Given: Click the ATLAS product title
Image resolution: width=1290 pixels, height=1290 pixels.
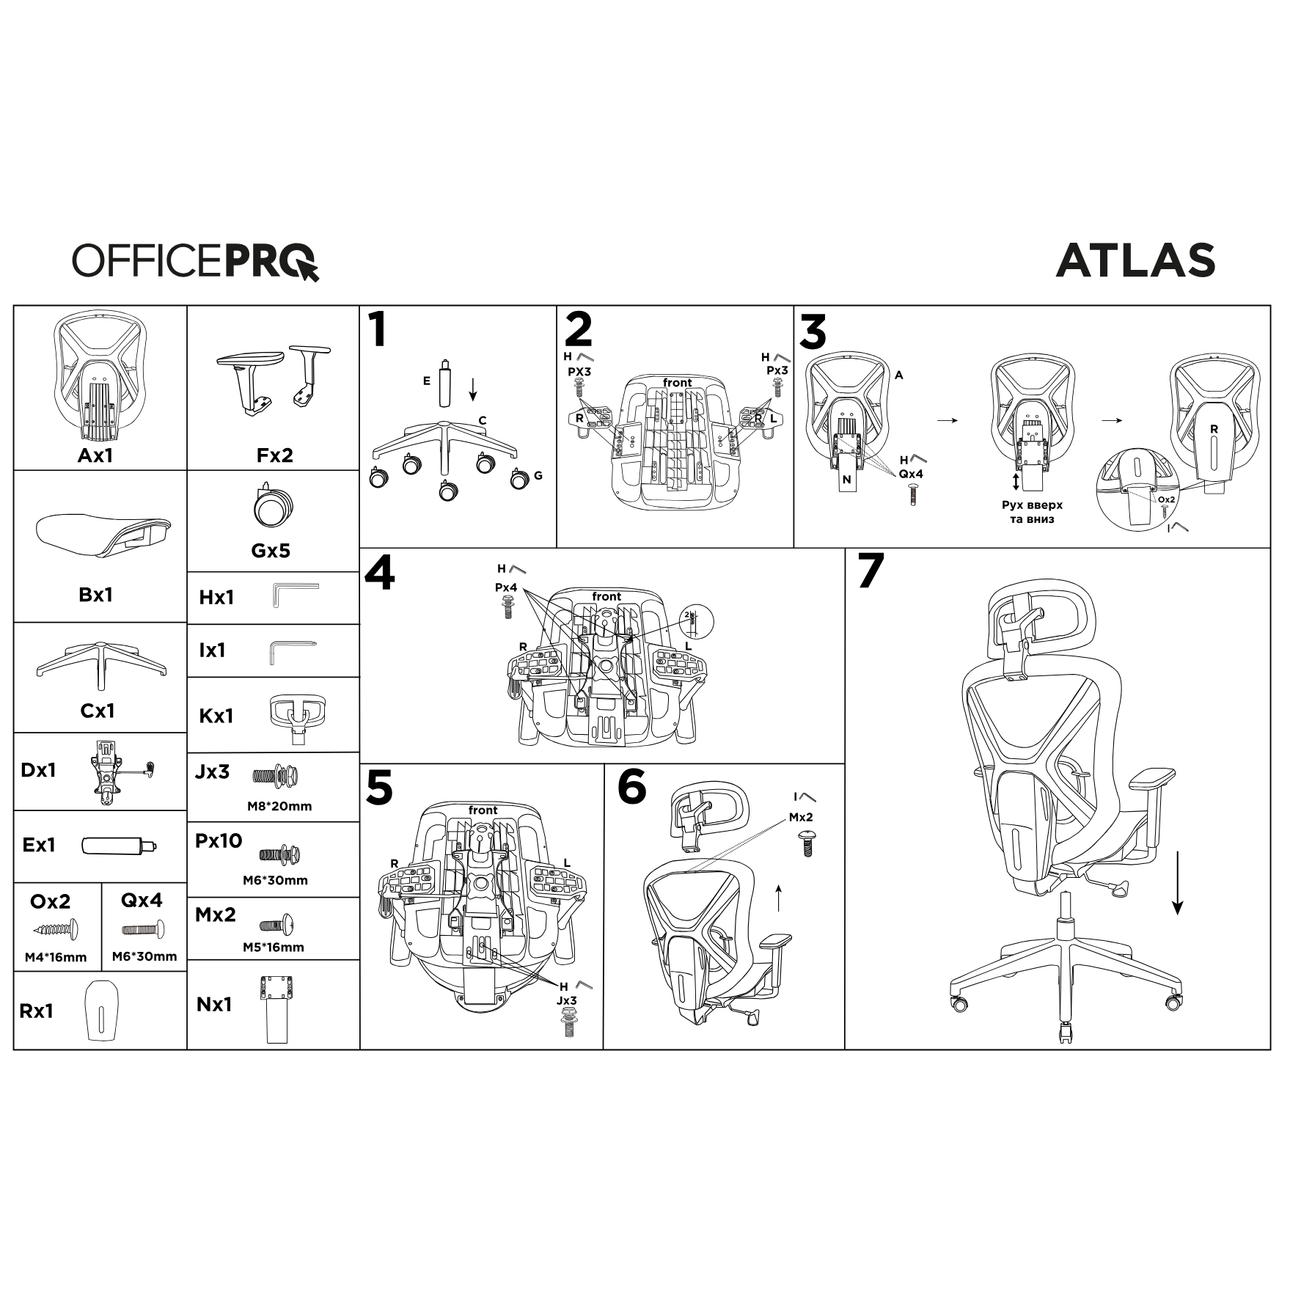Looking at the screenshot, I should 1135,260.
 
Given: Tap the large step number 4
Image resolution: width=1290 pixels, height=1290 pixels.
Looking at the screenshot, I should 379,574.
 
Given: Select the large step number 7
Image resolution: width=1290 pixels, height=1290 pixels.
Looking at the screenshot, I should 871,571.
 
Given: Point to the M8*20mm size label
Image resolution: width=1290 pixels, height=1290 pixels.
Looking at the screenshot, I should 279,806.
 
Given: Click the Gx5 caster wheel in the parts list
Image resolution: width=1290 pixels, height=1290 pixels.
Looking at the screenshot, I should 273,507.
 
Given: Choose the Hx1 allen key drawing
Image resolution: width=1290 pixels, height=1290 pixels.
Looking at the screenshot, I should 295,595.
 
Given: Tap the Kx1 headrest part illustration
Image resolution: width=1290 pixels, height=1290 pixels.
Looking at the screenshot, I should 298,717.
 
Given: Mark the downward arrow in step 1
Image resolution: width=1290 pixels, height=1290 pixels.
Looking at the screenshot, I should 473,389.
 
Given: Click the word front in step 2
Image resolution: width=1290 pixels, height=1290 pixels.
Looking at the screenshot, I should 677,383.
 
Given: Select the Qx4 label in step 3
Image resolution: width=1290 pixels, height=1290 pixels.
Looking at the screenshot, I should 911,474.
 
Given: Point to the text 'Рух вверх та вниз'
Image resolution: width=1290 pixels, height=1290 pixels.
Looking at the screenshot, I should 1031,512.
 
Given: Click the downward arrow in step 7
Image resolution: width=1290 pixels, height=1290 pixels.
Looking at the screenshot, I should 1177,883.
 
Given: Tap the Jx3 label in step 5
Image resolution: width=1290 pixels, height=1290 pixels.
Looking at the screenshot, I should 566,1000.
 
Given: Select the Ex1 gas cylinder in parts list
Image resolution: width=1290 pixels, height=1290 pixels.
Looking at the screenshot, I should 117,846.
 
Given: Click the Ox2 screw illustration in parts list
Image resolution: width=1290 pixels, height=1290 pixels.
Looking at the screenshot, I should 56,930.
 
